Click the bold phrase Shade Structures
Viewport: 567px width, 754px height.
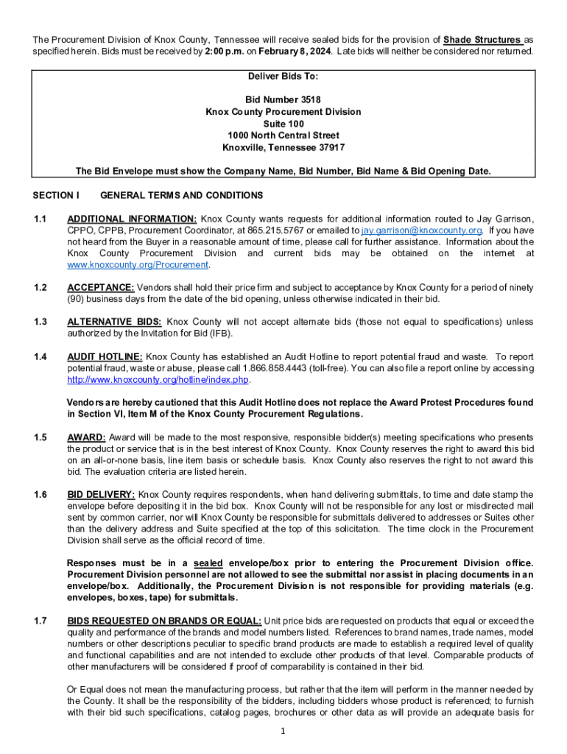click(x=482, y=39)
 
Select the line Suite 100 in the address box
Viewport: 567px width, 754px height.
click(x=283, y=124)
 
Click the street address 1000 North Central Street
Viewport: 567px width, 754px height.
click(x=283, y=135)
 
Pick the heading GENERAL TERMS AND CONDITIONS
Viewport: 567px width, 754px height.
click(x=181, y=195)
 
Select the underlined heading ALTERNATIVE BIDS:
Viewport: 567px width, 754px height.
click(x=114, y=322)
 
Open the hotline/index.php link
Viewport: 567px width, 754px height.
click(x=158, y=380)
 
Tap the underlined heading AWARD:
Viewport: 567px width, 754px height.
click(x=86, y=437)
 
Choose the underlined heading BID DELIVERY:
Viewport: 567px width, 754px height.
click(x=101, y=495)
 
